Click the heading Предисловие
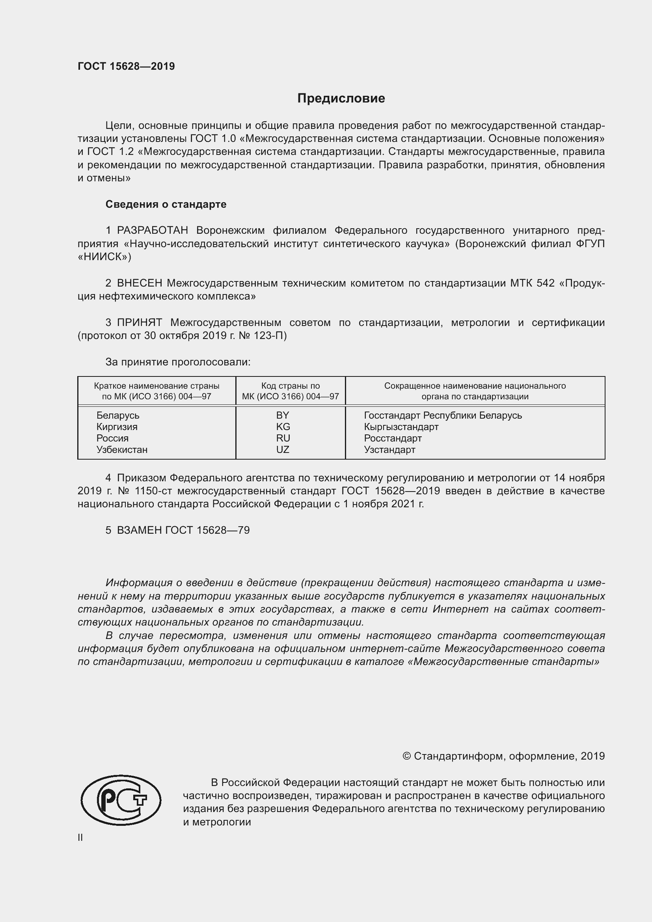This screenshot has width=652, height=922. (x=341, y=99)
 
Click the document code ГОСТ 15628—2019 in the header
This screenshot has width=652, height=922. (x=126, y=66)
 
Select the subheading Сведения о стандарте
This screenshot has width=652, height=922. (x=166, y=205)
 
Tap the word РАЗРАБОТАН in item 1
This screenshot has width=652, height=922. (x=153, y=231)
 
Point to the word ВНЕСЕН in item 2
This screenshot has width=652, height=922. (x=140, y=283)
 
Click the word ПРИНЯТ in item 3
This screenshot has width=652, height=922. (x=139, y=323)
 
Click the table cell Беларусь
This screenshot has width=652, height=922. (x=117, y=415)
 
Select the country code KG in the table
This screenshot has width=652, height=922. (x=283, y=427)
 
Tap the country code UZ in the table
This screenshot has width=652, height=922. (x=283, y=450)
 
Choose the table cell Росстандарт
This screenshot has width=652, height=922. (x=393, y=438)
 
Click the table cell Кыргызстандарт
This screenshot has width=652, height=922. (x=401, y=427)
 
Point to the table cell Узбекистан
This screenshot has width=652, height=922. (x=122, y=450)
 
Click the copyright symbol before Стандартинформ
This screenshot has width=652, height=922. (x=406, y=756)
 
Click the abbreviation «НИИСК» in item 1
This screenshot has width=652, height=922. (x=104, y=257)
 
